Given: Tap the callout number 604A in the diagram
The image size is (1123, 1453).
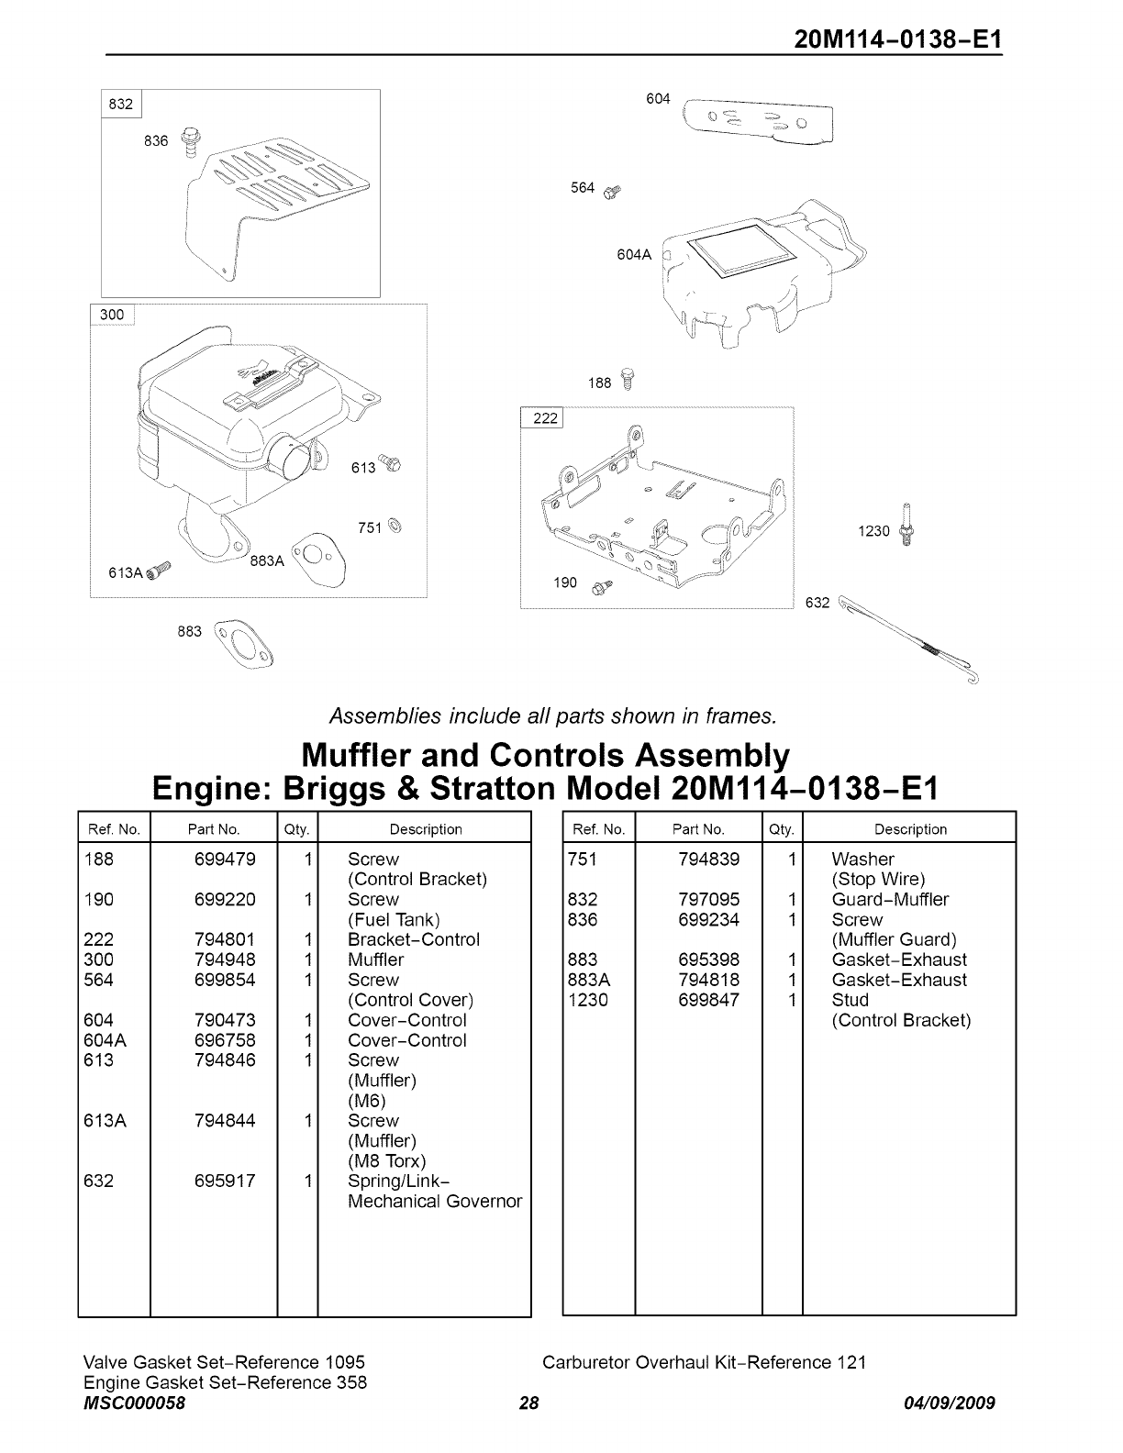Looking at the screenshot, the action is pyautogui.click(x=633, y=255).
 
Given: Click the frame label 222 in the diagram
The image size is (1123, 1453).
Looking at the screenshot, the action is pyautogui.click(x=545, y=418).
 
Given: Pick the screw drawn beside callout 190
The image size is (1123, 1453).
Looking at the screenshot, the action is pyautogui.click(x=602, y=586).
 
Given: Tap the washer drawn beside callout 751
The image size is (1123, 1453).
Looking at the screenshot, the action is pyautogui.click(x=395, y=527).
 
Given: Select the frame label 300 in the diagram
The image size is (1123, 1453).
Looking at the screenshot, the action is pyautogui.click(x=112, y=315).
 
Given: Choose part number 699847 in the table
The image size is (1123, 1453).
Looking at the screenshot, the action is pyautogui.click(x=708, y=1000).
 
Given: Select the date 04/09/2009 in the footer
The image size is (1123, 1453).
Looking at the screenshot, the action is pyautogui.click(x=948, y=1403).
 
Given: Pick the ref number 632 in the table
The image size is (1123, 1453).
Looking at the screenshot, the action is pyautogui.click(x=98, y=1181).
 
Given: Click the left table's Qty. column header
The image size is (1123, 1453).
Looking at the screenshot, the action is pyautogui.click(x=296, y=829).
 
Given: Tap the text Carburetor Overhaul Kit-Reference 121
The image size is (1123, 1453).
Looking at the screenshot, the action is pyautogui.click(x=704, y=1362).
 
